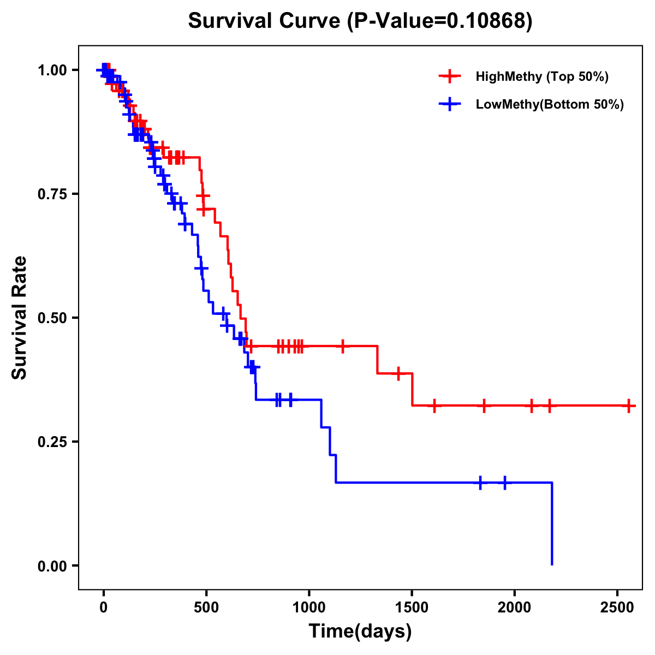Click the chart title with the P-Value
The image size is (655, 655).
pyautogui.click(x=360, y=21)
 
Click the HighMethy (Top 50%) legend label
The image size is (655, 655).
pyautogui.click(x=542, y=76)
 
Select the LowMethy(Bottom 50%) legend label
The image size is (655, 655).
pyautogui.click(x=550, y=105)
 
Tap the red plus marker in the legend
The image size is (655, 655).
pyautogui.click(x=450, y=76)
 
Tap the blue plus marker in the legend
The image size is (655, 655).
pyautogui.click(x=450, y=105)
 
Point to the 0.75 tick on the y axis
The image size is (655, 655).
pyautogui.click(x=52, y=194)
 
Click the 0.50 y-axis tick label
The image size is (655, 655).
pyautogui.click(x=52, y=318)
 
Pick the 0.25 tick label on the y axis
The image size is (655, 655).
pyautogui.click(x=52, y=442)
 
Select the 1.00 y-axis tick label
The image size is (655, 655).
pyautogui.click(x=52, y=70)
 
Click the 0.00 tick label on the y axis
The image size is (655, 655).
pyautogui.click(x=52, y=565)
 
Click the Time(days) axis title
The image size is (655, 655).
pyautogui.click(x=360, y=632)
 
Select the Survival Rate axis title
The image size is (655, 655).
pyautogui.click(x=20, y=318)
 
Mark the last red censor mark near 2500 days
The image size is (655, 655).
pyautogui.click(x=629, y=406)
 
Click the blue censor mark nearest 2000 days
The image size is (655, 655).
pyautogui.click(x=505, y=483)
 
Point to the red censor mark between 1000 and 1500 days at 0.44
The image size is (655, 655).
pyautogui.click(x=343, y=346)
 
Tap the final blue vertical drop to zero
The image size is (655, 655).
pyautogui.click(x=552, y=524)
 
